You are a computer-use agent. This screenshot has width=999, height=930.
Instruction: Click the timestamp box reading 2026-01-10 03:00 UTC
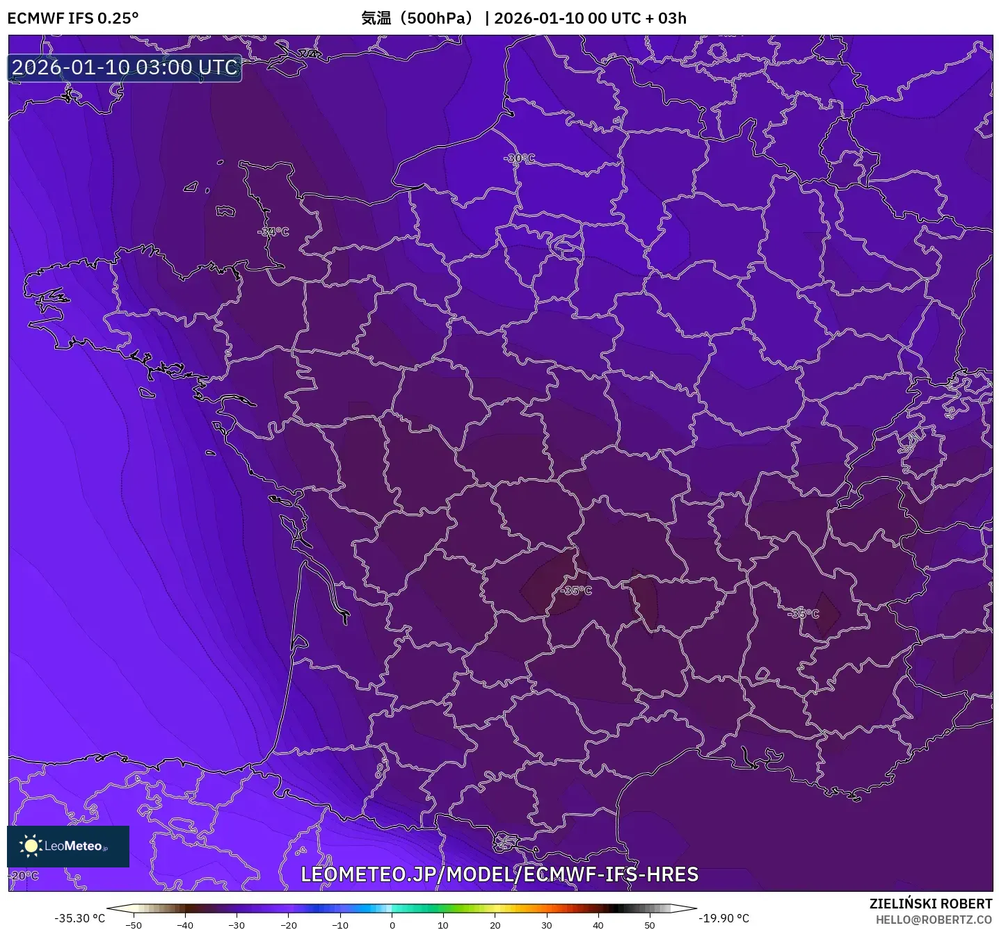pyautogui.click(x=125, y=67)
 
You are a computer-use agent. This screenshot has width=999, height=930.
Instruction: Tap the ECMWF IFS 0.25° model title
pyautogui.click(x=73, y=18)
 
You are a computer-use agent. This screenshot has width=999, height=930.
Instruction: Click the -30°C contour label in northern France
pyautogui.click(x=520, y=158)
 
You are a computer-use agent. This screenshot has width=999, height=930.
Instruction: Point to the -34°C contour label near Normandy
pyautogui.click(x=273, y=231)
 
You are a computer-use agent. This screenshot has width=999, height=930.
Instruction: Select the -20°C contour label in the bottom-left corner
pyautogui.click(x=24, y=875)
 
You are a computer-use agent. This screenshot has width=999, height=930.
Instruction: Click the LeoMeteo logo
pyautogui.click(x=68, y=846)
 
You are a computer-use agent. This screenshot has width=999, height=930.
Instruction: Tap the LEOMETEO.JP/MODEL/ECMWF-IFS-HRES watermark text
pyautogui.click(x=499, y=874)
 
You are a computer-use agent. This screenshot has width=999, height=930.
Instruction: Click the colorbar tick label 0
pyautogui.click(x=392, y=925)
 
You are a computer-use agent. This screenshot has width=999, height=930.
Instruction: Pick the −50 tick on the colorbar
pyautogui.click(x=134, y=925)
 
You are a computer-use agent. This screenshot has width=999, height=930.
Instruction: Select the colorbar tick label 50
pyautogui.click(x=650, y=925)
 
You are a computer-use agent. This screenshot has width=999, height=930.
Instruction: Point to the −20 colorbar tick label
pyautogui.click(x=289, y=925)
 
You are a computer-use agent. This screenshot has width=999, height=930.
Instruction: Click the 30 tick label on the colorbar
pyautogui.click(x=547, y=925)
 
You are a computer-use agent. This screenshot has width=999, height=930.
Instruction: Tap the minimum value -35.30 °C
pyautogui.click(x=80, y=918)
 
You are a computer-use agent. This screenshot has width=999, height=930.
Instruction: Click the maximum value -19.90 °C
pyautogui.click(x=724, y=918)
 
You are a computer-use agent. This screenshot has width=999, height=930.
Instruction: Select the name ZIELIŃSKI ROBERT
pyautogui.click(x=930, y=904)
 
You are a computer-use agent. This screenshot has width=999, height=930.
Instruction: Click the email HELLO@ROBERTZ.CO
pyautogui.click(x=934, y=920)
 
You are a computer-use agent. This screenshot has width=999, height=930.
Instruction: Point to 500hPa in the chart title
pyautogui.click(x=439, y=18)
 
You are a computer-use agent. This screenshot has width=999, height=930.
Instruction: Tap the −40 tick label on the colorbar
pyautogui.click(x=185, y=925)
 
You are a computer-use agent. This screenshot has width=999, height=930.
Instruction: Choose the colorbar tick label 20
pyautogui.click(x=495, y=925)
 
